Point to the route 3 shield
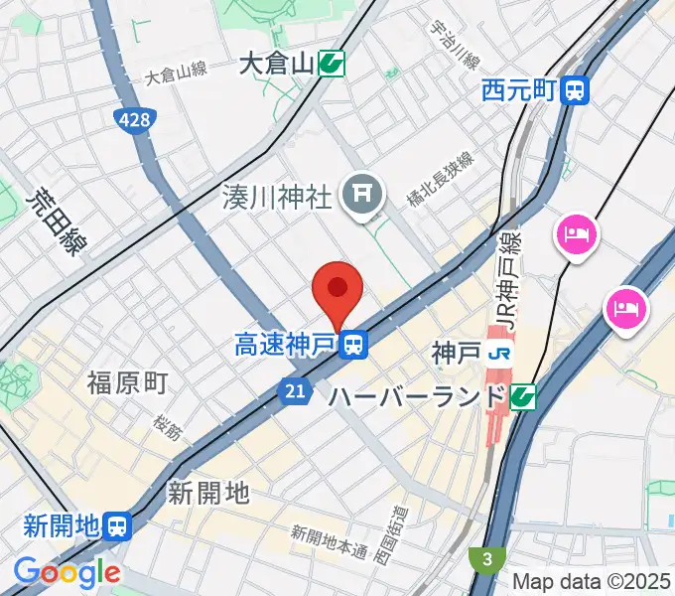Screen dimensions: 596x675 pyautogui.click(x=487, y=559)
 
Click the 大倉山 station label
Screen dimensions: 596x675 pyautogui.click(x=276, y=66)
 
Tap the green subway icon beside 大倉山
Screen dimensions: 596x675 pyautogui.click(x=332, y=66)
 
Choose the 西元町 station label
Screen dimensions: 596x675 pyautogui.click(x=517, y=91)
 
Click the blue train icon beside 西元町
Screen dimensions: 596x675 pyautogui.click(x=575, y=91)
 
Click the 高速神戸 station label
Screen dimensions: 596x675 pyautogui.click(x=283, y=346)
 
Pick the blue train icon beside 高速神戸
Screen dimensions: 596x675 pyautogui.click(x=352, y=346)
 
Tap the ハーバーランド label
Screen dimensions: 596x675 pyautogui.click(x=417, y=397)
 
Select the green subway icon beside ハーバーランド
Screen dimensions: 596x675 pyautogui.click(x=523, y=397)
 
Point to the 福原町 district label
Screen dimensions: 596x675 pyautogui.click(x=127, y=381)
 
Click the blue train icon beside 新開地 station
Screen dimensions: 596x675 pyautogui.click(x=118, y=526)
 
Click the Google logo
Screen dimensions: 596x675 pyautogui.click(x=67, y=572)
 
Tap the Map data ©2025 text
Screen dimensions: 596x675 pyautogui.click(x=592, y=581)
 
